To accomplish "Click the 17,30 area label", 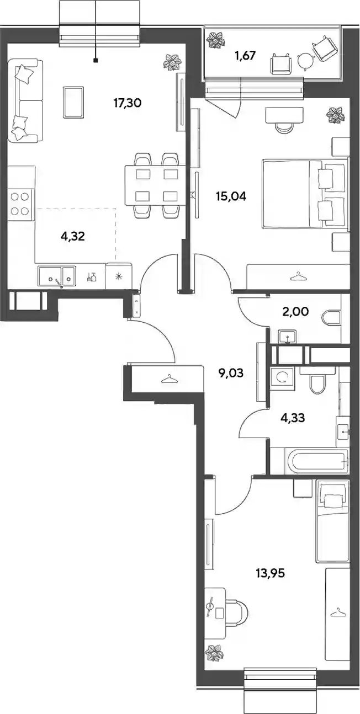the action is click(127, 103).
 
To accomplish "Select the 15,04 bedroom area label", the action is click(231, 196).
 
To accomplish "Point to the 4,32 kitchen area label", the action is click(72, 237).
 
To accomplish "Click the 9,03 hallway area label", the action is click(231, 372).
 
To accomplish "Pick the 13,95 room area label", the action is click(270, 573).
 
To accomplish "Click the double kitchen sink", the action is click(57, 275).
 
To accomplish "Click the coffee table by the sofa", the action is click(73, 102).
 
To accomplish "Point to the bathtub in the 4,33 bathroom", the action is click(317, 461).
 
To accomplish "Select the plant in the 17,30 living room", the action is click(172, 62).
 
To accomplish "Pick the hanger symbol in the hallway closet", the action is click(170, 379).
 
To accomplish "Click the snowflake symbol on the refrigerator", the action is click(119, 276).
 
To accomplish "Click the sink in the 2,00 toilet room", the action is click(288, 337).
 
